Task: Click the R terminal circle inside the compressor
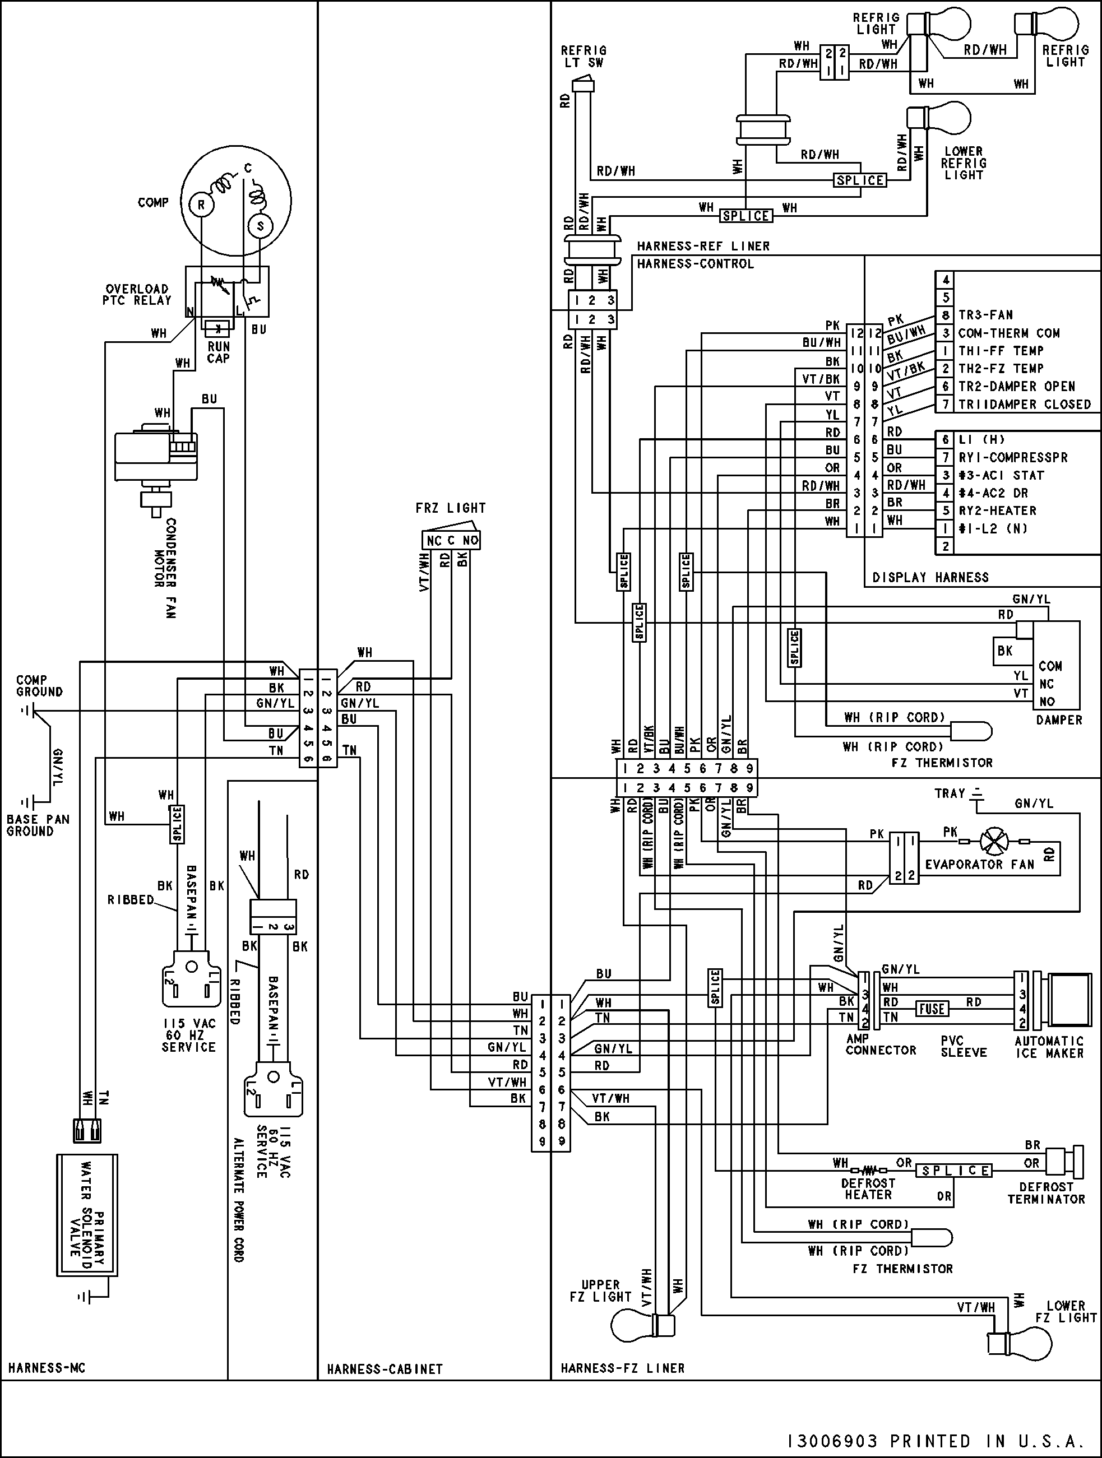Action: pyautogui.click(x=201, y=205)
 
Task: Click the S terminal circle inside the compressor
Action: pyautogui.click(x=260, y=226)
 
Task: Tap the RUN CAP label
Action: pyautogui.click(x=218, y=352)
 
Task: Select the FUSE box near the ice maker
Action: pyautogui.click(x=931, y=1009)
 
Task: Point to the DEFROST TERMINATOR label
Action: pyautogui.click(x=1046, y=1192)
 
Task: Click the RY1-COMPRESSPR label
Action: pyautogui.click(x=1013, y=457)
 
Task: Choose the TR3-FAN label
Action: pyautogui.click(x=985, y=315)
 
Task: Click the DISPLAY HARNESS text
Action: pyautogui.click(x=930, y=577)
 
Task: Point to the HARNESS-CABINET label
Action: pyautogui.click(x=385, y=1368)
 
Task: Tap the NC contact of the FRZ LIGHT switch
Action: pyautogui.click(x=433, y=541)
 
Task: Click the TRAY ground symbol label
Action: pyautogui.click(x=950, y=793)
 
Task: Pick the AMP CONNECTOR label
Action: pyautogui.click(x=881, y=1044)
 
